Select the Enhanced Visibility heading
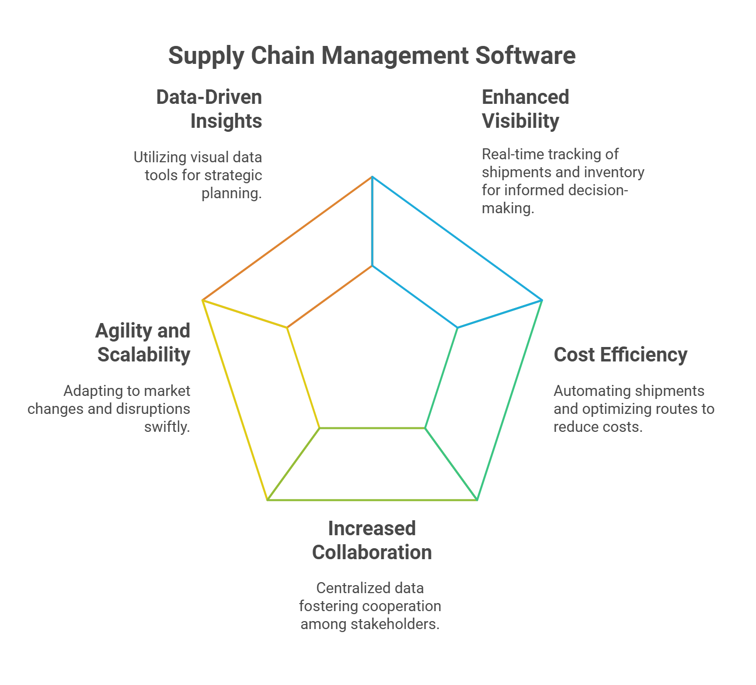[x=525, y=109]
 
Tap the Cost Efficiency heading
[x=620, y=354]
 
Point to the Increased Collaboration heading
[x=372, y=540]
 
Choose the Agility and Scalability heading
[x=144, y=342]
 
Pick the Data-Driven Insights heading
[x=209, y=109]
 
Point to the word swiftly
[x=167, y=427]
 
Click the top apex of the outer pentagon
[x=373, y=177]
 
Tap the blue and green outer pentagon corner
[x=542, y=300]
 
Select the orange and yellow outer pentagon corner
[x=202, y=300]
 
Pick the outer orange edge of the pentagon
[x=288, y=238]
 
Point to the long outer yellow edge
[x=235, y=399]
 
